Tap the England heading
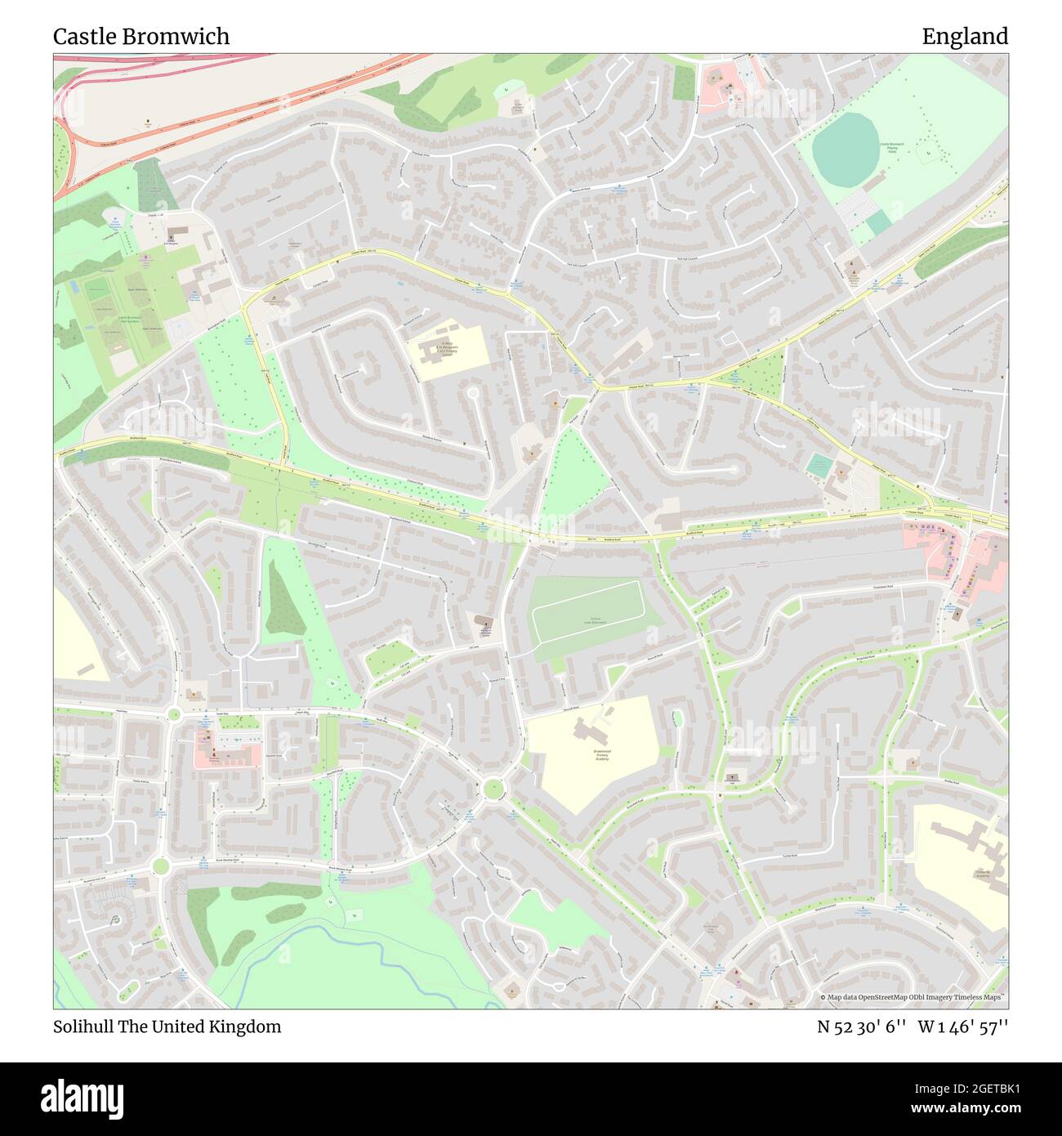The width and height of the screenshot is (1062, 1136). pos(965,36)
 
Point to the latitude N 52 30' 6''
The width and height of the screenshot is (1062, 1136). pos(862,1026)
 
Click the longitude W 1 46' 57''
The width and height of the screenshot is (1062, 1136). pos(963,1026)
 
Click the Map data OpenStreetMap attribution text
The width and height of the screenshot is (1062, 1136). pos(913,997)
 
